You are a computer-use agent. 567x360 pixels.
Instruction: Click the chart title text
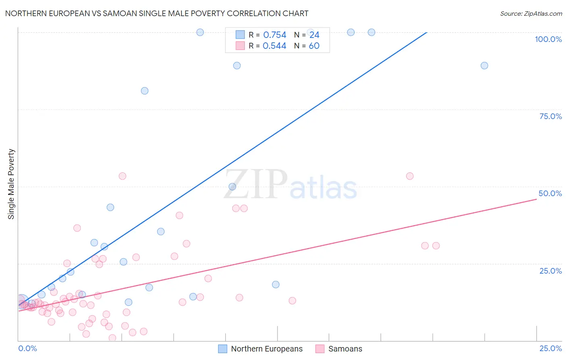click(x=156, y=13)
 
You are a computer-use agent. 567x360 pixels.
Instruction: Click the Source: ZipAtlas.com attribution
click(x=531, y=13)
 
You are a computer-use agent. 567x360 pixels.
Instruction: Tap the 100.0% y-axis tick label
click(x=548, y=39)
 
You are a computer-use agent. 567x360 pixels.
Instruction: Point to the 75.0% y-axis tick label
click(x=550, y=116)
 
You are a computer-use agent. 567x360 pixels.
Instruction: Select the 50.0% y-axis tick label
click(x=550, y=193)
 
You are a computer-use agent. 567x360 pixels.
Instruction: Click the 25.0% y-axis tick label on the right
click(x=550, y=271)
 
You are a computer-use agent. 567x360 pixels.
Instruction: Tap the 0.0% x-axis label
click(x=27, y=348)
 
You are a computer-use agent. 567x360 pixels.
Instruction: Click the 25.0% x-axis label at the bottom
click(x=550, y=348)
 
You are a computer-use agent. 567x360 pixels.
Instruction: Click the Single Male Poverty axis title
click(x=11, y=184)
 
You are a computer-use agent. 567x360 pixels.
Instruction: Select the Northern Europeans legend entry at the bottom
click(x=266, y=349)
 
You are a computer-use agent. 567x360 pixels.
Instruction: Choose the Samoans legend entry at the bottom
click(x=345, y=349)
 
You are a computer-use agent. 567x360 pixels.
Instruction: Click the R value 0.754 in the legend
click(x=275, y=35)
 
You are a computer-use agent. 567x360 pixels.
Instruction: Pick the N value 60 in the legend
click(x=314, y=46)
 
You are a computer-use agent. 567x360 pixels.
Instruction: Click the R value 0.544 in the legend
click(x=274, y=46)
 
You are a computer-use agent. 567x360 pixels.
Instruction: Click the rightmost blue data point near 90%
click(x=484, y=65)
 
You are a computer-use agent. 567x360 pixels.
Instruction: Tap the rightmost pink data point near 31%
click(x=436, y=245)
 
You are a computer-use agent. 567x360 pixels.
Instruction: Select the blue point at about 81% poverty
click(x=144, y=91)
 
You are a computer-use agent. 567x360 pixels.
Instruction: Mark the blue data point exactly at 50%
click(x=232, y=186)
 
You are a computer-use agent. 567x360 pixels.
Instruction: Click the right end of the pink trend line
click(x=536, y=199)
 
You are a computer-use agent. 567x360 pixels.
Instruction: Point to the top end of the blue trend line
click(x=426, y=32)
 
